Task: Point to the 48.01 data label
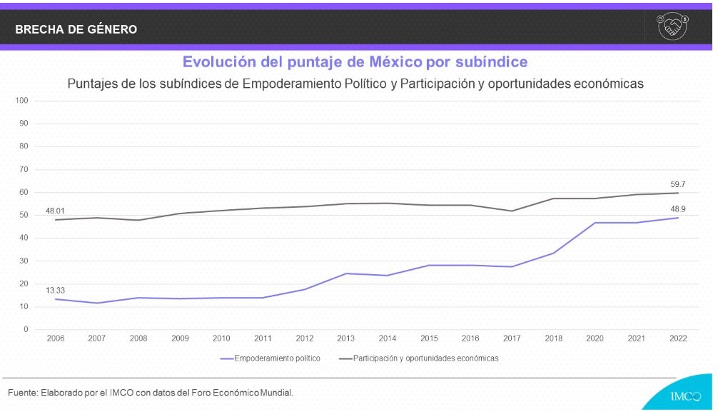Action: pos(56,211)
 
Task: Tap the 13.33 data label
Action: pos(56,291)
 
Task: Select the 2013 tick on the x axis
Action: pos(346,338)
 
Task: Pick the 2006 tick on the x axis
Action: pos(56,338)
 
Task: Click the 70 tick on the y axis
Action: pos(23,169)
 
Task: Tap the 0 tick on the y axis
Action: pos(25,329)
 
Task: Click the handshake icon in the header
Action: pos(672,27)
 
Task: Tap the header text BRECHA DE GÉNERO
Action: pos(76,29)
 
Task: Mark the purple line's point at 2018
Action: pos(554,253)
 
